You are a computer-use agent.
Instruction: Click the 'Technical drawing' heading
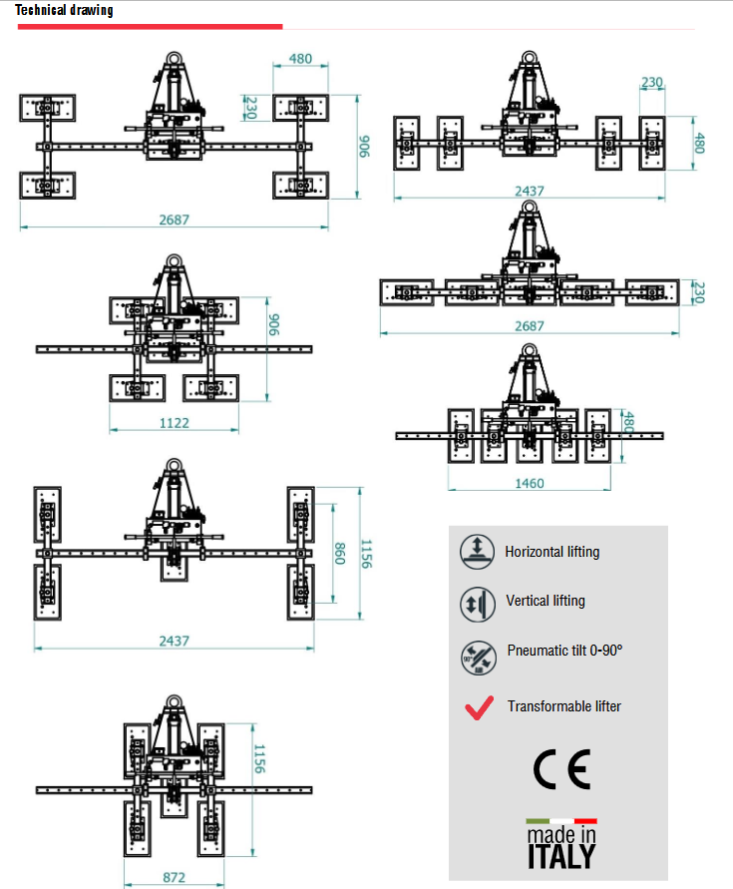pyautogui.click(x=64, y=11)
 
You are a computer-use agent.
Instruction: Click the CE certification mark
pyautogui.click(x=561, y=768)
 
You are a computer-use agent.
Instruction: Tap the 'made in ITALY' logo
pyautogui.click(x=561, y=844)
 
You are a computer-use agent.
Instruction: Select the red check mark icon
pyautogui.click(x=479, y=707)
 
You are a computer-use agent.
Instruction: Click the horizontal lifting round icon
pyautogui.click(x=478, y=550)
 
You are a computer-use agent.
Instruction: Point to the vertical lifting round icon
pyautogui.click(x=478, y=603)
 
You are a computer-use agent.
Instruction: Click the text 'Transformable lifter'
pyautogui.click(x=563, y=706)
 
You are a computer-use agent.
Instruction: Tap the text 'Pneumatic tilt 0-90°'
pyautogui.click(x=564, y=650)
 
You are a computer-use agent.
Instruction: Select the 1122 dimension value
pyautogui.click(x=174, y=423)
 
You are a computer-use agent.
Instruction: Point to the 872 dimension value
pyautogui.click(x=173, y=878)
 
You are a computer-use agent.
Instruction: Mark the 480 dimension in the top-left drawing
pyautogui.click(x=300, y=59)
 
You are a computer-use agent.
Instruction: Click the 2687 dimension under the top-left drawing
pyautogui.click(x=174, y=220)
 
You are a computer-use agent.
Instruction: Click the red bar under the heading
pyautogui.click(x=150, y=27)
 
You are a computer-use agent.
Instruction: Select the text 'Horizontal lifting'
pyautogui.click(x=552, y=551)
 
